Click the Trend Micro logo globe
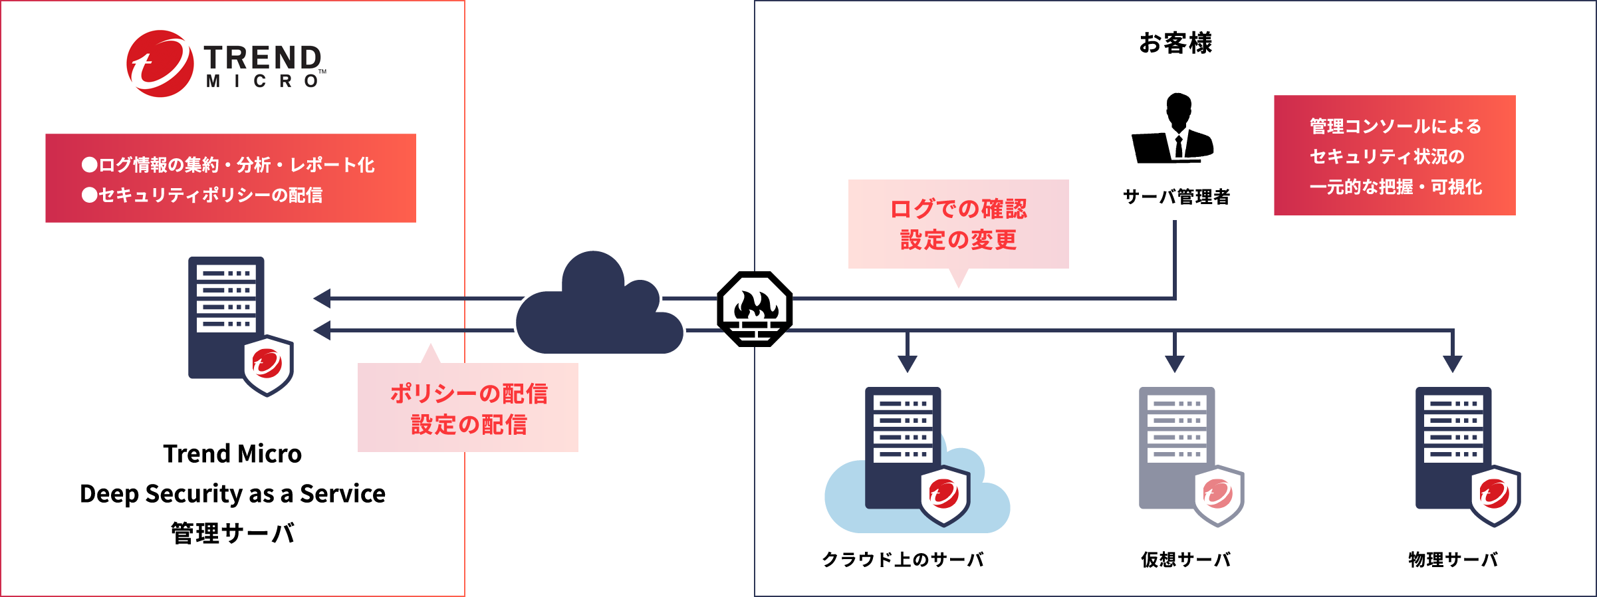[160, 64]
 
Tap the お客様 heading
[1175, 43]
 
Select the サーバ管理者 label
[1176, 197]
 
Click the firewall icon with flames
[755, 308]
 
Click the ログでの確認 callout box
[958, 224]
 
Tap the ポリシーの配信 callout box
[468, 408]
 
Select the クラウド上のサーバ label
[903, 560]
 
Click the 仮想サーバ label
[1185, 560]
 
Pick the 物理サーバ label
[1453, 560]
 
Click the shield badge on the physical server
[1495, 495]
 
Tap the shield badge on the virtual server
[1219, 495]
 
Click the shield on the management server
[268, 365]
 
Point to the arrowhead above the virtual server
[1175, 364]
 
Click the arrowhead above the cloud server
[908, 364]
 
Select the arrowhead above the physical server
[1453, 364]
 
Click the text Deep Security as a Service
[233, 494]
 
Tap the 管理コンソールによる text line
[1396, 126]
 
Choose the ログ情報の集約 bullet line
[228, 165]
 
